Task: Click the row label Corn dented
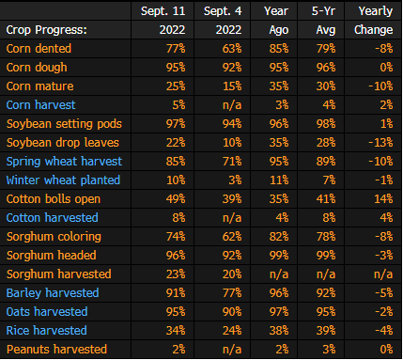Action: point(39,49)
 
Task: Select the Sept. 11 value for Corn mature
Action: point(176,86)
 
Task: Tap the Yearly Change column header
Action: point(374,21)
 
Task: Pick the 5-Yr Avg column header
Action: point(323,21)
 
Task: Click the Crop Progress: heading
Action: point(47,30)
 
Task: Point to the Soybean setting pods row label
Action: point(64,124)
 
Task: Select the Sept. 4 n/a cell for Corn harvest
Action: point(232,105)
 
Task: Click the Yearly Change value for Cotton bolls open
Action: point(383,199)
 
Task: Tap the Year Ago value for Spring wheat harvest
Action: point(279,162)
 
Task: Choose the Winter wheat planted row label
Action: point(63,180)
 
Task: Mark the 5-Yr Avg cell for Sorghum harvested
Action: point(326,274)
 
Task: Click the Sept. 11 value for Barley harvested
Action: point(176,293)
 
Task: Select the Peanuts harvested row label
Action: point(56,350)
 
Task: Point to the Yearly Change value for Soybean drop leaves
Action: point(380,143)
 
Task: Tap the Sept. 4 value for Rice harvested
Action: point(232,331)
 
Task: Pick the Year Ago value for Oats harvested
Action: point(279,312)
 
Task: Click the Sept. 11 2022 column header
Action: point(163,21)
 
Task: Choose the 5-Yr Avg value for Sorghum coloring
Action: point(326,237)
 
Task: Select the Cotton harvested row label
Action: point(53,218)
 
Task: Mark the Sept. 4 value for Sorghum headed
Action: point(232,256)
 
